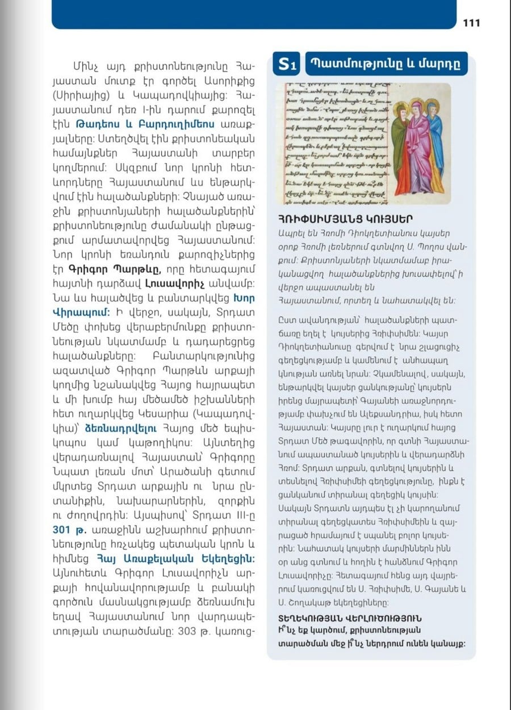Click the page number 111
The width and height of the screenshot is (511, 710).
471,23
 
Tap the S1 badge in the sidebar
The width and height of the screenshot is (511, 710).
287,65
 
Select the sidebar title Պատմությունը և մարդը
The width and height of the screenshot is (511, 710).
386,64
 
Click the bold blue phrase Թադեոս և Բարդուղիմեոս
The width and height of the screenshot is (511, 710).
145,123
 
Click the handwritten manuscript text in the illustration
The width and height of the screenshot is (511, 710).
335,142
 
